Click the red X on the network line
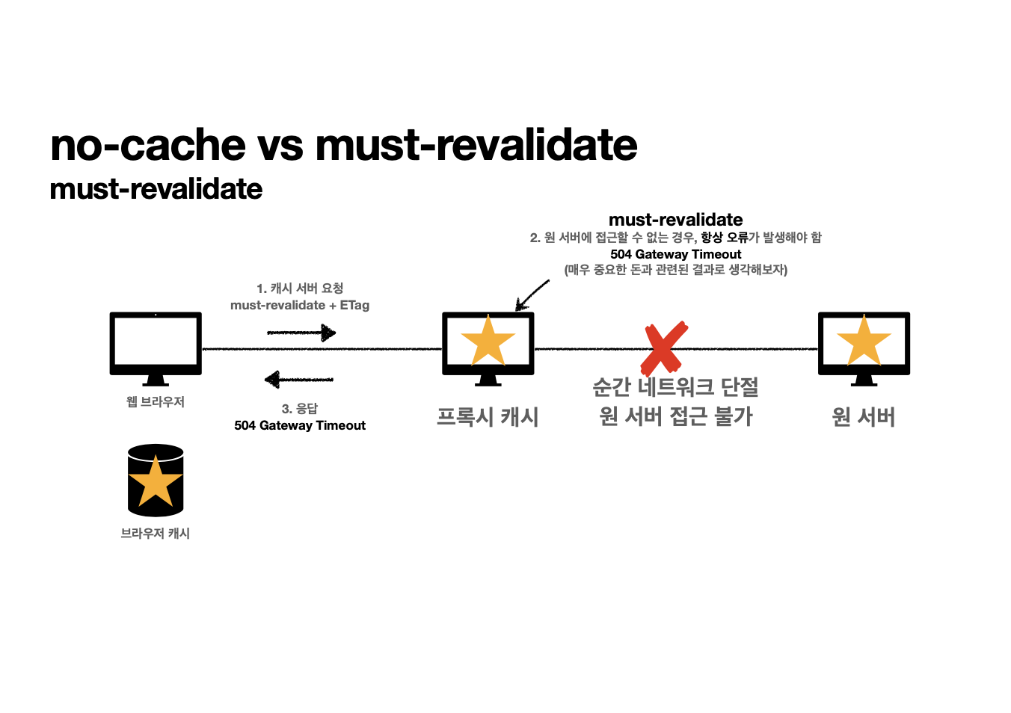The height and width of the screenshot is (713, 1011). (x=664, y=348)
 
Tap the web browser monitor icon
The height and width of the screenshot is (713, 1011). (x=156, y=345)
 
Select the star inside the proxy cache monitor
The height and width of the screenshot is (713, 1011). (x=488, y=341)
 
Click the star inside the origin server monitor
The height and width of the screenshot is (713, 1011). (x=864, y=341)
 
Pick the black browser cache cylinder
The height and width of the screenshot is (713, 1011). (x=156, y=481)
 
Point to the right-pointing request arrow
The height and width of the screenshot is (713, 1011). (x=301, y=333)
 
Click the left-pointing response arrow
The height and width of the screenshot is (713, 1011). (x=299, y=380)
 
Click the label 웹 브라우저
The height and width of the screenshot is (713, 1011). (x=156, y=402)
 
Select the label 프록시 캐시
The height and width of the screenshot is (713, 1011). (x=488, y=416)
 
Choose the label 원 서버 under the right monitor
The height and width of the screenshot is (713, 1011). (x=864, y=416)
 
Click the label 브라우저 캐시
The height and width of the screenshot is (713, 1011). (x=156, y=534)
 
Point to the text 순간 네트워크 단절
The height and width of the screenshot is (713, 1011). (x=675, y=387)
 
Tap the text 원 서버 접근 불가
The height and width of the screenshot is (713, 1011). (x=675, y=416)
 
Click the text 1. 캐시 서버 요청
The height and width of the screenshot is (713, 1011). (x=300, y=288)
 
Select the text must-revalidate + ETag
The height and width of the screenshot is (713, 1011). (x=300, y=305)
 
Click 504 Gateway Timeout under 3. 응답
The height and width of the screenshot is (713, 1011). (x=300, y=425)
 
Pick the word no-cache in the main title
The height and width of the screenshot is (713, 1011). (x=148, y=145)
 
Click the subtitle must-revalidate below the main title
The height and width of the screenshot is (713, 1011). (x=156, y=189)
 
